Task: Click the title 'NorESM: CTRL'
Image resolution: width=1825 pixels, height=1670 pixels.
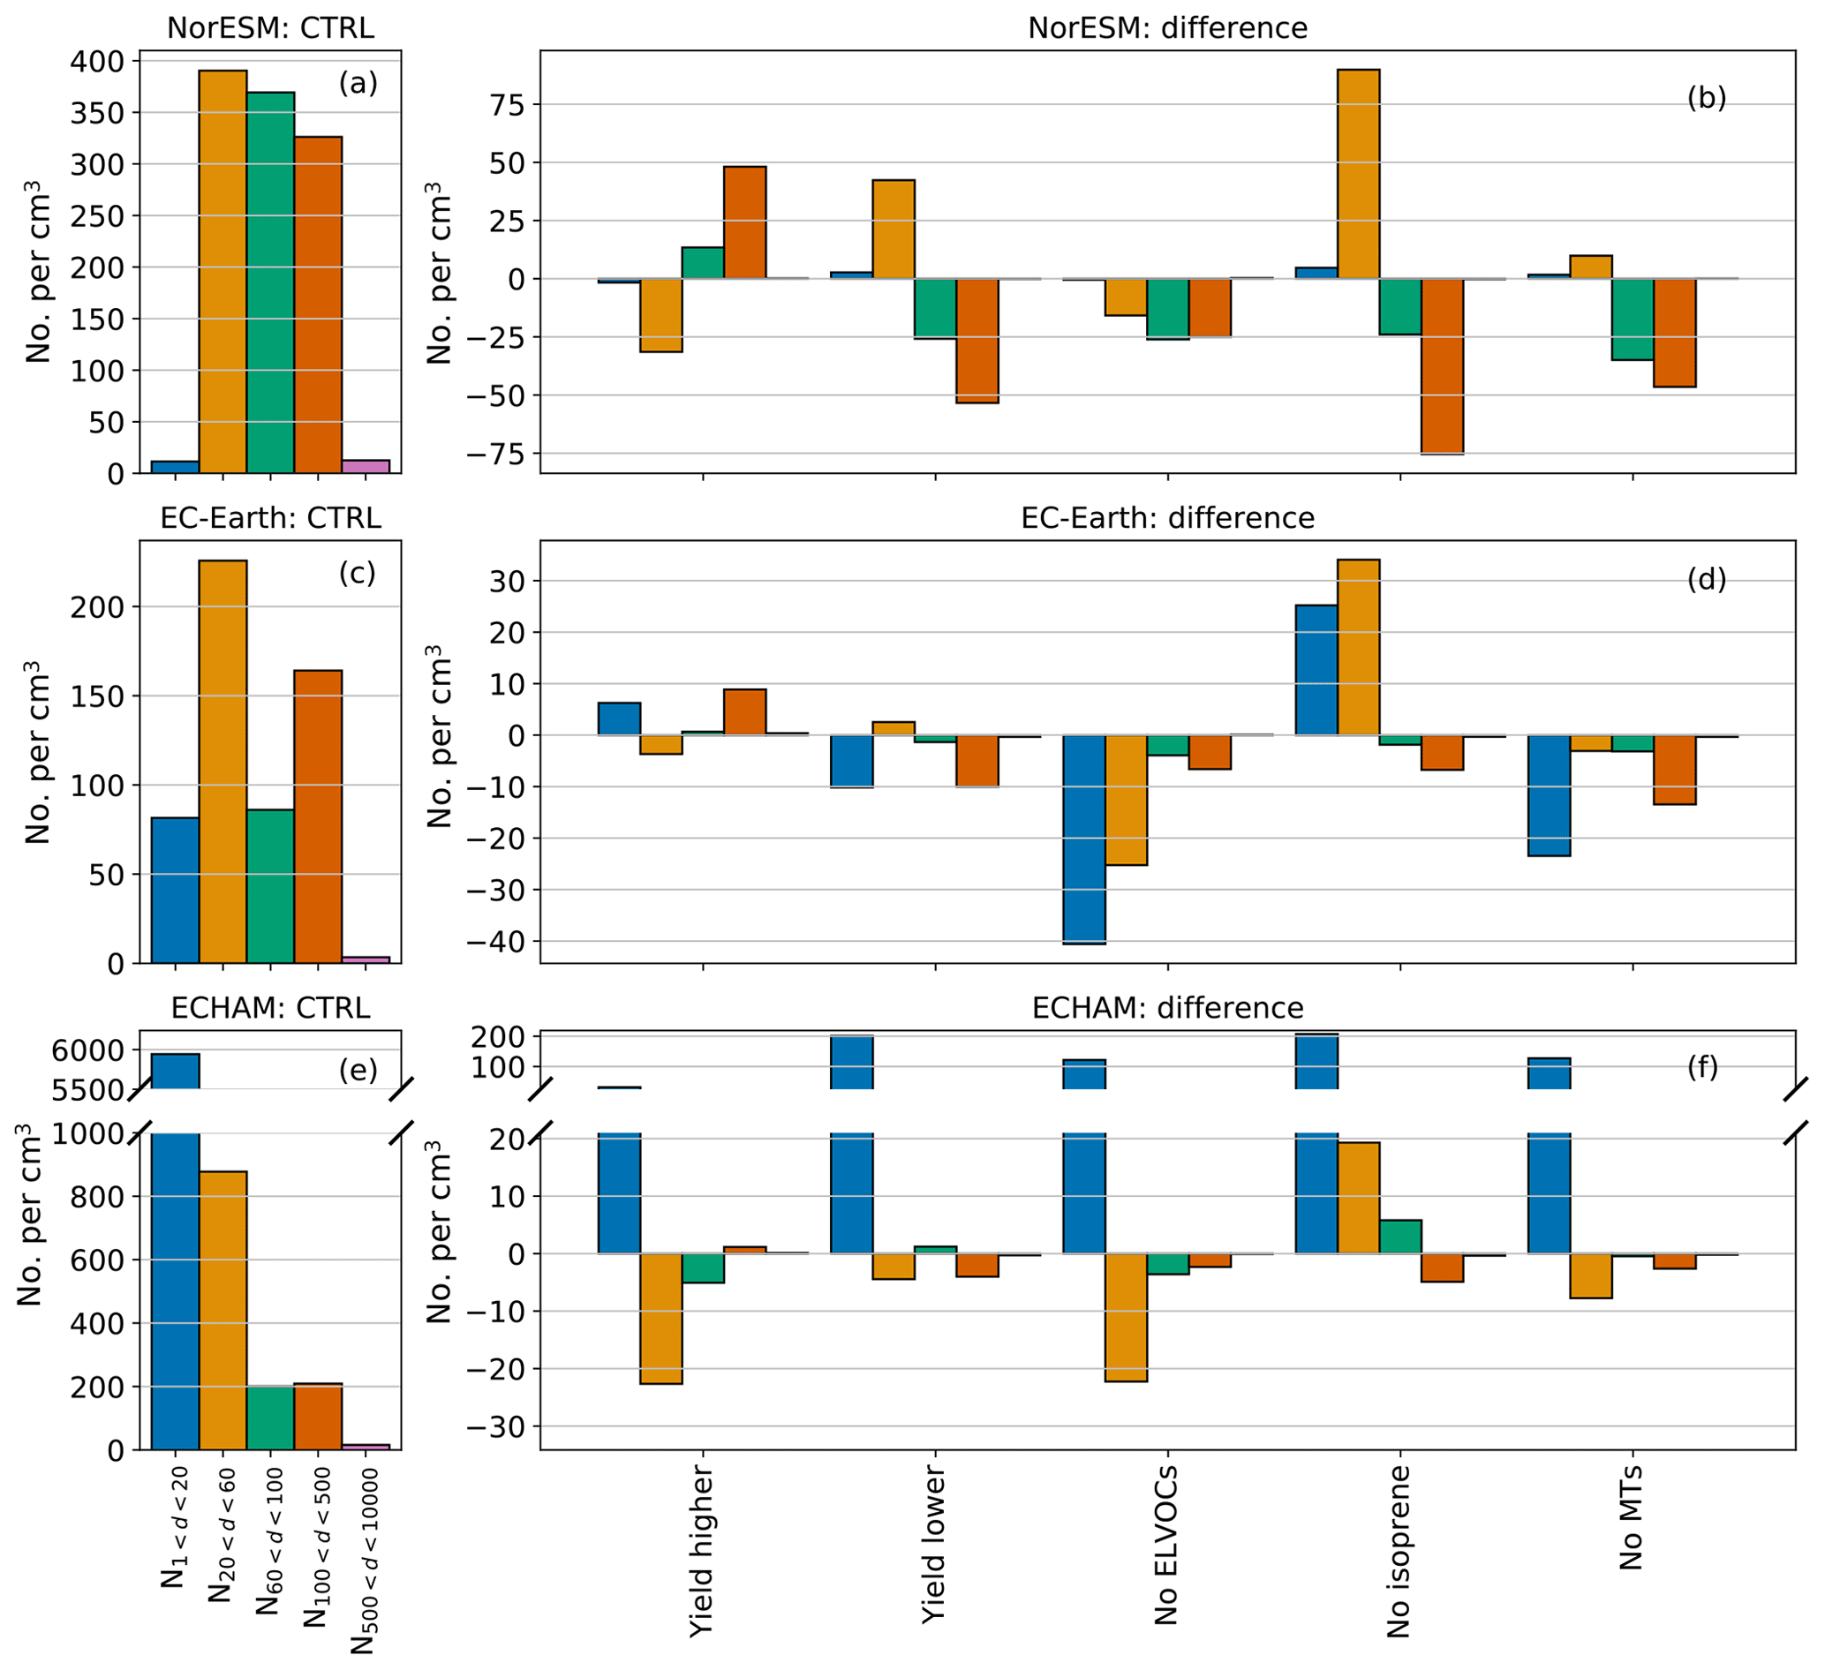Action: pos(270,28)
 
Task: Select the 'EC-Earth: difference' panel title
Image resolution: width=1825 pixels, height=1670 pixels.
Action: pos(1167,518)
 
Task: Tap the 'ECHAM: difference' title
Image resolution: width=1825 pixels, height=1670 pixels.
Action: pos(1167,1007)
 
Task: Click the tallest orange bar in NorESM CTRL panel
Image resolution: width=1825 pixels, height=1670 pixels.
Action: pos(222,272)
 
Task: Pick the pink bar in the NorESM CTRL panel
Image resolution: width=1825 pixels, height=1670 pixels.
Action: pos(365,466)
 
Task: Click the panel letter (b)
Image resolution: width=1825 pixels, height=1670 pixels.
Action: pos(1706,98)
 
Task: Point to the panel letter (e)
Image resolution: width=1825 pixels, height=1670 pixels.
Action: pos(358,1070)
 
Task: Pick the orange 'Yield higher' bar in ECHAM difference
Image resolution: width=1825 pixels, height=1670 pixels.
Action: pos(660,1318)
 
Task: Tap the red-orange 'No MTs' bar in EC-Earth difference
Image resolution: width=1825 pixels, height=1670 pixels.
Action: pos(1674,770)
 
